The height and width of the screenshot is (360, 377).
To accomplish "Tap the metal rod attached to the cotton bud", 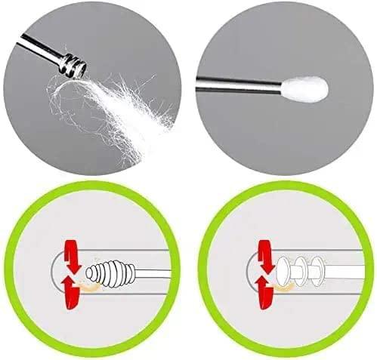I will tap(242, 87).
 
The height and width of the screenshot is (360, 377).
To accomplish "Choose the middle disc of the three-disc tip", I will tap(302, 269).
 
